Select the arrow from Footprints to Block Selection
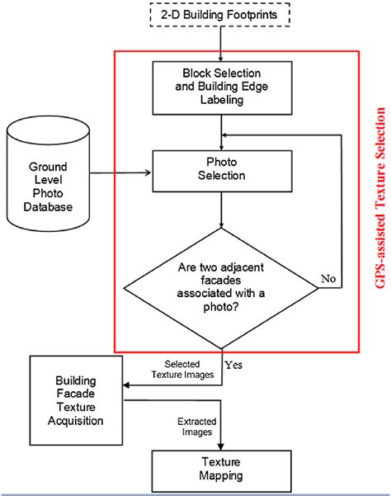(x=221, y=45)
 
